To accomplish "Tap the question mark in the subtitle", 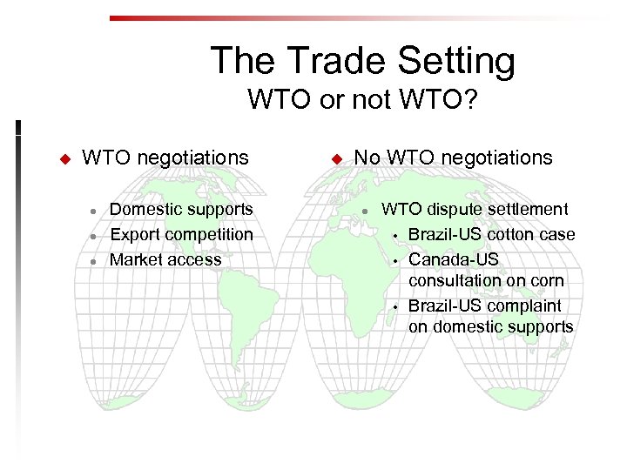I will coord(469,100).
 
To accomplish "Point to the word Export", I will coord(132,234).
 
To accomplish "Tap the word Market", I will coord(134,259).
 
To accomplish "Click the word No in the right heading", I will coord(367,158).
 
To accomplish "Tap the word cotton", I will coord(514,234).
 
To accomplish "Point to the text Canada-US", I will coord(454,259).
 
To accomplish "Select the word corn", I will coord(545,280).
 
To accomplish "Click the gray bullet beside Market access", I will coord(92,260).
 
